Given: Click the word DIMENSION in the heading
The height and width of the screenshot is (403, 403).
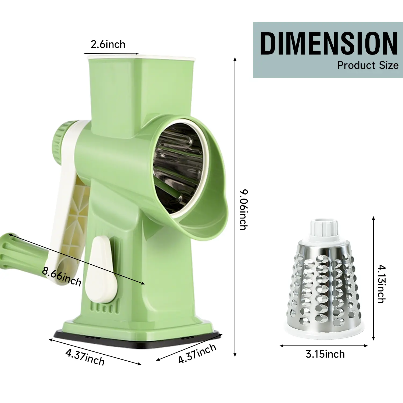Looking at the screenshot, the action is pos(329,43).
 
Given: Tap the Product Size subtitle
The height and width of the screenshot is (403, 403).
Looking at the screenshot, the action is pos(368,65).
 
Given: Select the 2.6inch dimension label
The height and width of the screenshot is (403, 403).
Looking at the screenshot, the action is pos(108,44).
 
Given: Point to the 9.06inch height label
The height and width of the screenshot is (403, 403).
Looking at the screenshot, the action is pos(243,210).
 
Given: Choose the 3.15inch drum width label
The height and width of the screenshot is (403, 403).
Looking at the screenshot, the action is pos(325,354).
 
